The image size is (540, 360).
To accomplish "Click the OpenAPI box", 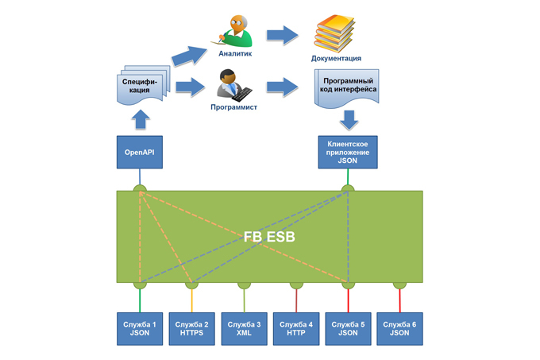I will pos(139,151).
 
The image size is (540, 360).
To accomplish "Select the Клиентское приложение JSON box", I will pos(347,151).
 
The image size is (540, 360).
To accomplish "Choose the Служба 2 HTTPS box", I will pos(191,329).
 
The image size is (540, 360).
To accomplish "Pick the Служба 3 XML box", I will pos(244,329).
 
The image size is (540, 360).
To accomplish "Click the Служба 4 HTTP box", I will pos(296,329).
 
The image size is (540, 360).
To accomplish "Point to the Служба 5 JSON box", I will pos(347,329).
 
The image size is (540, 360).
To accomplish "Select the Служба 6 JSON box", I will pos(399,329).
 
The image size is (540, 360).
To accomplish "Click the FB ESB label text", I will pos(269,237).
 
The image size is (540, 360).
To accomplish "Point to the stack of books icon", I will pos(337,32).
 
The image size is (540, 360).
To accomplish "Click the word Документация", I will pos(337,58).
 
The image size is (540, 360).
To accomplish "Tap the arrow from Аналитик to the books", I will pos(281,34).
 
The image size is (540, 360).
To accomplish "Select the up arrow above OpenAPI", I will pos(140,119).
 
